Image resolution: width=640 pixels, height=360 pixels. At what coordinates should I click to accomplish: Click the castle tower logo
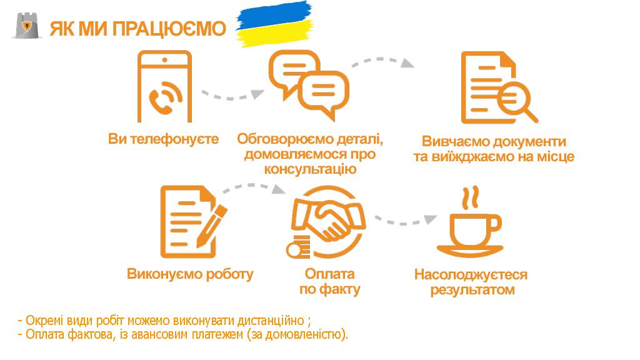27,26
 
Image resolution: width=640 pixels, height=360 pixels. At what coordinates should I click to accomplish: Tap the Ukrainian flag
275,24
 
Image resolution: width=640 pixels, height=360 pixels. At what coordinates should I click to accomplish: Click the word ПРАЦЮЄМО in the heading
169,29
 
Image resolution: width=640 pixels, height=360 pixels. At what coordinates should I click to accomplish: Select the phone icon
164,86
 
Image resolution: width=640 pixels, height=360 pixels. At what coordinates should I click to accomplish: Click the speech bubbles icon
309,85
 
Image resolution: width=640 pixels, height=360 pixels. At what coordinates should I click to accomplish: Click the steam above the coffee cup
470,198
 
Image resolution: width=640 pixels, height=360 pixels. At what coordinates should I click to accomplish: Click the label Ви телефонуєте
163,139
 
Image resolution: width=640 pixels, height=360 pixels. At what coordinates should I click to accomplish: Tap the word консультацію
310,169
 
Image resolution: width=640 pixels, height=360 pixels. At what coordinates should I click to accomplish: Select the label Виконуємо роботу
190,274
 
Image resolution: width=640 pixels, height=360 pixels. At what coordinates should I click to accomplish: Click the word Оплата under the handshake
330,274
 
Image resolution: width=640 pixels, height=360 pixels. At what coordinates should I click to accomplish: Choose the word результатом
472,290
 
